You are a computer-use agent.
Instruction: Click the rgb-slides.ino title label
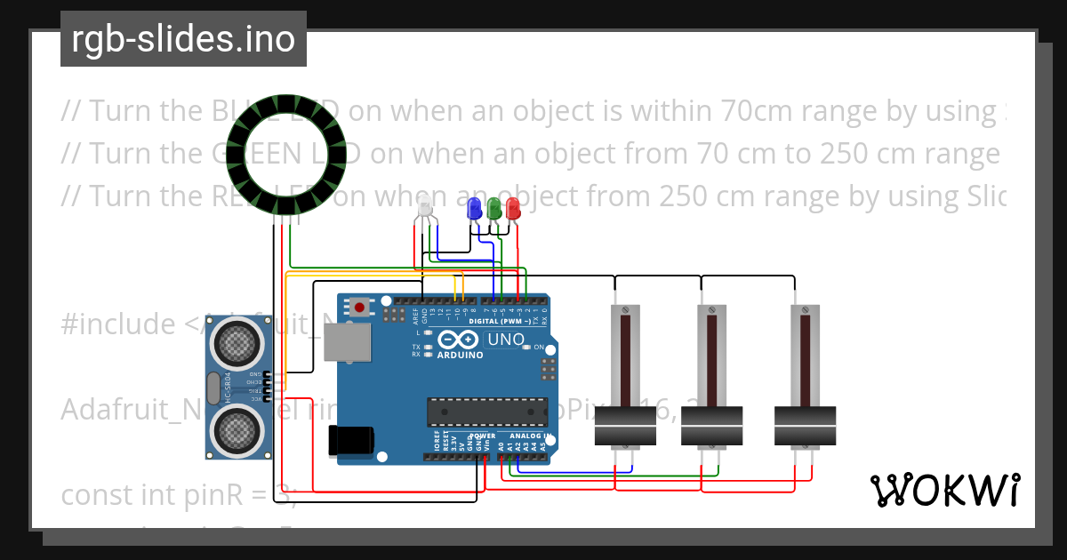[x=183, y=39]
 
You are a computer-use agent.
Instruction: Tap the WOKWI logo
[x=944, y=490]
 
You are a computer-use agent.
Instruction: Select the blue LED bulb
[x=475, y=209]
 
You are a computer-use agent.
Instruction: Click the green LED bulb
[x=494, y=209]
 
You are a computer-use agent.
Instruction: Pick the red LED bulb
[x=513, y=209]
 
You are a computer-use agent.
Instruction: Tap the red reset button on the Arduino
[x=359, y=308]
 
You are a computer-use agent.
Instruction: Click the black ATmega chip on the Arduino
[x=487, y=412]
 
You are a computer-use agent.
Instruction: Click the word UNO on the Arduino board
[x=505, y=340]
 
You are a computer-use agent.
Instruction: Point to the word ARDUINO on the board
[x=460, y=355]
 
